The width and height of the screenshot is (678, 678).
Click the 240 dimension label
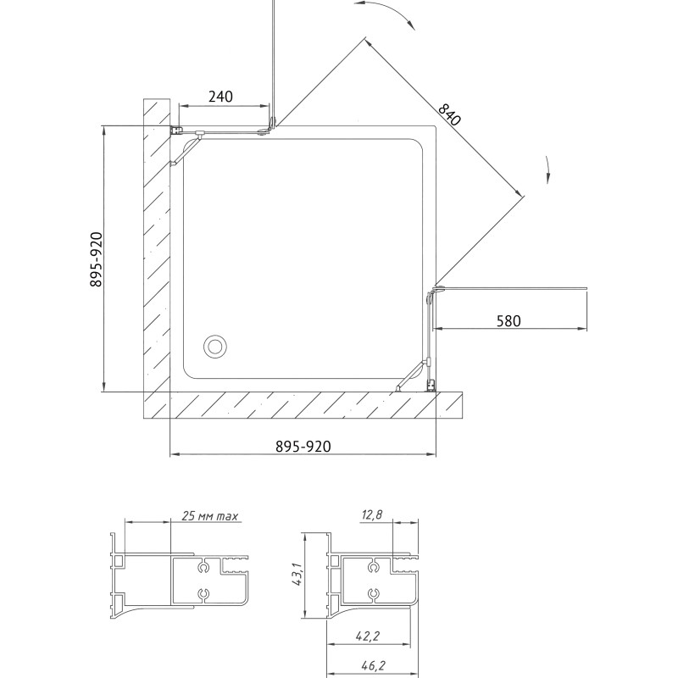tap(220, 97)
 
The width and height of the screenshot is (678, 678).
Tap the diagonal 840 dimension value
tap(450, 114)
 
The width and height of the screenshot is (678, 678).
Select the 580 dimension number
tap(508, 321)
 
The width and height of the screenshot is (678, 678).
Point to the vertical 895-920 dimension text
tap(96, 259)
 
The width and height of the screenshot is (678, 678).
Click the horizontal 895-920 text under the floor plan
tap(303, 447)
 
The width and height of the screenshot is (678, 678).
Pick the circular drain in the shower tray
tap(215, 347)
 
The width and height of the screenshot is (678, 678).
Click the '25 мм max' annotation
tap(209, 516)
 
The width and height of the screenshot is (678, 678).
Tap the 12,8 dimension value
tap(372, 514)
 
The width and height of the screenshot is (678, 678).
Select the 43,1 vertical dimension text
tap(297, 575)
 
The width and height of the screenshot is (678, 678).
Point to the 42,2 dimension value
tap(368, 636)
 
